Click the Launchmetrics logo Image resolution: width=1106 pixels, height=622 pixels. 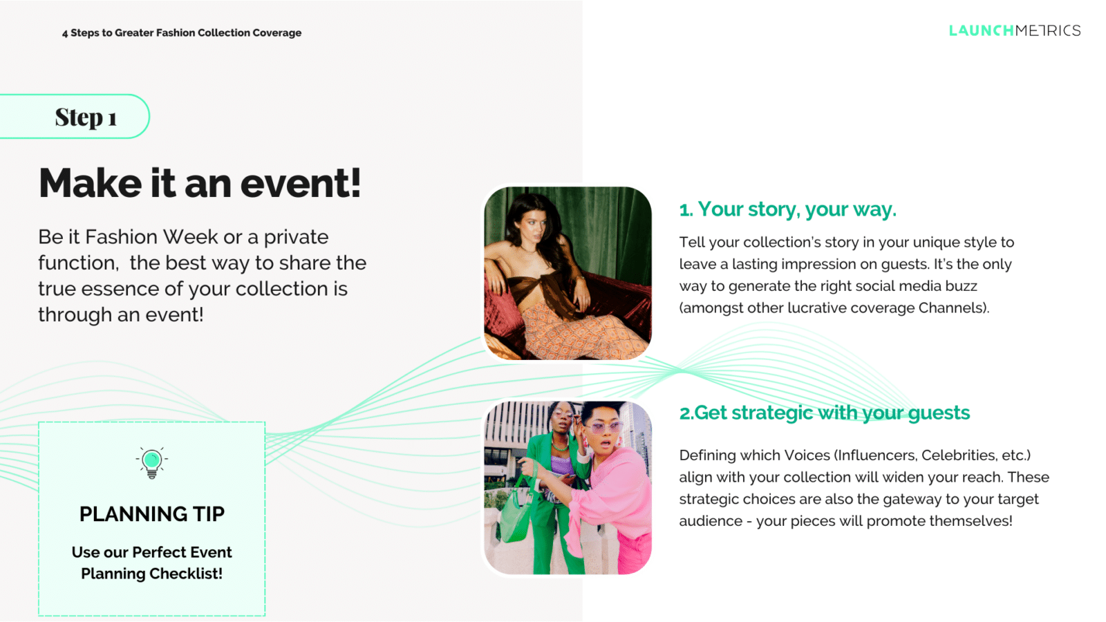coord(1015,30)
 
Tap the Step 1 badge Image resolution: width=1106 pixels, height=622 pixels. coord(74,117)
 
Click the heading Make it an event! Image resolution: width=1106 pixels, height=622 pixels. coord(200,183)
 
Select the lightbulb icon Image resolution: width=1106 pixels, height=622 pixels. coord(151,462)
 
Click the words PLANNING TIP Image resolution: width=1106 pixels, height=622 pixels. coord(151,514)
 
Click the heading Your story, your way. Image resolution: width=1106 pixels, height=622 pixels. coord(787,209)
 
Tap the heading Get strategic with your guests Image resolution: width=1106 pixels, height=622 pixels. coord(825,413)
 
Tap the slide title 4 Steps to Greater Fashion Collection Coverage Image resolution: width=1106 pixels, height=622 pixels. coord(182,33)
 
